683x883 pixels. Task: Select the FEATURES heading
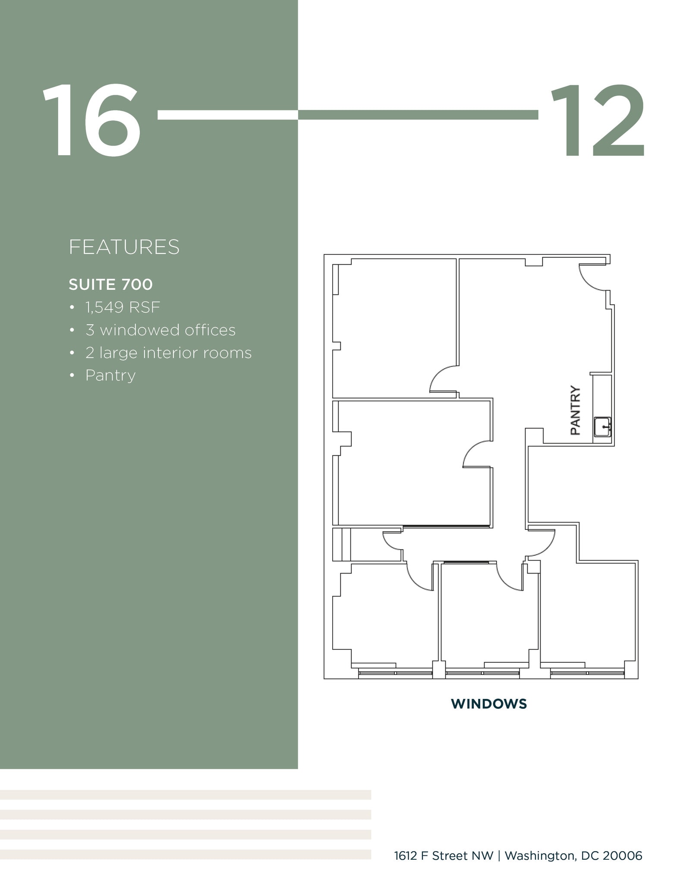[124, 247]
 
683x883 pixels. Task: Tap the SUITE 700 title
[110, 285]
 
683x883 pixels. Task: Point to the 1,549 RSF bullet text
[123, 307]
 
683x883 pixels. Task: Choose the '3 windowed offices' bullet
[161, 330]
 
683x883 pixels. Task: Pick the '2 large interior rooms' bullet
[168, 353]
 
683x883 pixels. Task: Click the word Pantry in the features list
[110, 375]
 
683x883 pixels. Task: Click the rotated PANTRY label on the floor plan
[576, 410]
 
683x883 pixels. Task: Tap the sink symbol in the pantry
[602, 427]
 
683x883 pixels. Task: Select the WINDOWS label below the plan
[489, 704]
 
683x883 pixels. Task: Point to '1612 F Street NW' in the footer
[444, 855]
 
